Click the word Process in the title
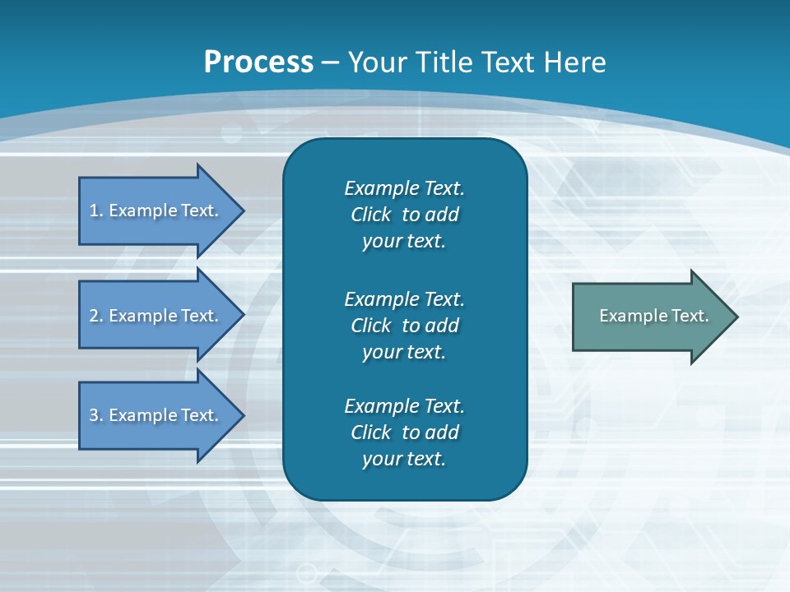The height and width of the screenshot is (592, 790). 258,62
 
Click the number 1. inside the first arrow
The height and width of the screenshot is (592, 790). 96,210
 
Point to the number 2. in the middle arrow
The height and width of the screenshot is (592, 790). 96,316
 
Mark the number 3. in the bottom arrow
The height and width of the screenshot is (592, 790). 96,415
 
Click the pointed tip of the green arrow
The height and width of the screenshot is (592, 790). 734,317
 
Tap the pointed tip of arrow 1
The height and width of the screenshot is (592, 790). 241,210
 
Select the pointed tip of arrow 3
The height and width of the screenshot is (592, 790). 241,415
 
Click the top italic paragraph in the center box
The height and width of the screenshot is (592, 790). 404,215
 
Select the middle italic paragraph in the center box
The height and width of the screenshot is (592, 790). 404,325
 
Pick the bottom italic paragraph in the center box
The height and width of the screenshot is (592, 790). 404,432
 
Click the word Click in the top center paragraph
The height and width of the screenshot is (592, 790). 371,215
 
